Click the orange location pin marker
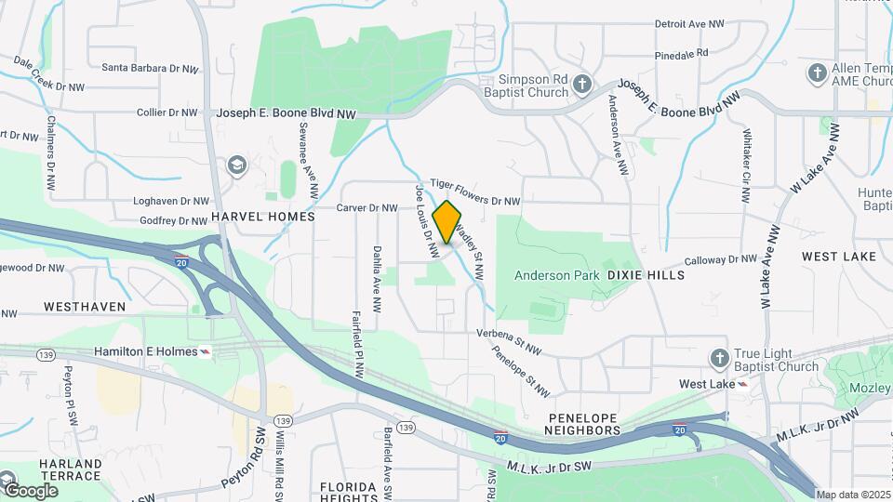(447, 221)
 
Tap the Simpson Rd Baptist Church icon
(582, 85)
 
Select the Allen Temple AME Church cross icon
(817, 73)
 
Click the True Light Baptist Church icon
(719, 358)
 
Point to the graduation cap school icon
(237, 165)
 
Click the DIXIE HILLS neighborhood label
(646, 275)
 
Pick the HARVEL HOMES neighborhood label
(263, 216)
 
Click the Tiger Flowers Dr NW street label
(474, 192)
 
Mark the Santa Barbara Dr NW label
(150, 68)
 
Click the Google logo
(31, 490)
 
